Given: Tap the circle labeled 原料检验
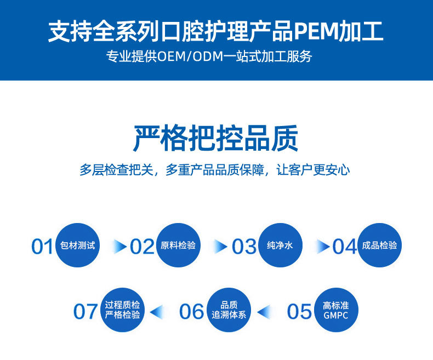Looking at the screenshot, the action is pos(178,245).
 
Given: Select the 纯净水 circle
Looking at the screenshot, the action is pos(280,245).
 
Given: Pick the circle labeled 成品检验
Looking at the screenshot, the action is pos(379,245).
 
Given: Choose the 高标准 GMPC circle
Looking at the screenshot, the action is pos(335,311).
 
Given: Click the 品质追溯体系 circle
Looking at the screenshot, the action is pos(229,311).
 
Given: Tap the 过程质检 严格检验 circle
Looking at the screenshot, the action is pos(123,311).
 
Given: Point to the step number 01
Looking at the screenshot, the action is pos(42,247).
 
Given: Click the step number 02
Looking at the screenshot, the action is pos(142,247).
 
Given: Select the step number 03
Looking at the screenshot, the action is pos(244,247).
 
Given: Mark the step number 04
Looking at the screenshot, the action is pos(345,247).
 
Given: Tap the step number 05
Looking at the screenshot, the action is pos(299,312).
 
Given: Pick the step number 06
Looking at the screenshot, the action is pos(191,312).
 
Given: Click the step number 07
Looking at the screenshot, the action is pos(86,312).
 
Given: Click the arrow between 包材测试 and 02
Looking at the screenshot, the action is pos(119,247).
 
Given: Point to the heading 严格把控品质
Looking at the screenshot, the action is pos(216,138).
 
